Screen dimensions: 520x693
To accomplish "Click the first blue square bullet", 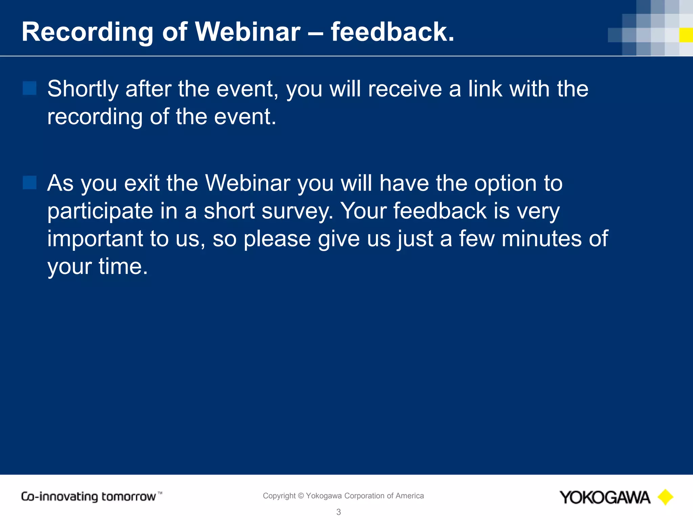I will (29, 88).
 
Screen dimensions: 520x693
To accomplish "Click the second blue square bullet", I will (29, 182).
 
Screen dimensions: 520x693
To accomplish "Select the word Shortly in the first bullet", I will (83, 89).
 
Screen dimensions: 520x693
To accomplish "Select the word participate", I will (100, 212).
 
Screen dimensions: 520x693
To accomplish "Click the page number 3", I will (338, 512).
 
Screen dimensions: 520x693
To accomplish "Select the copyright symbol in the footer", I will (300, 496).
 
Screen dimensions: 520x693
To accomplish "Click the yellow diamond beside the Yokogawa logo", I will (665, 497).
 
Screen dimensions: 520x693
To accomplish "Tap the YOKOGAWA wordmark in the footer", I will (605, 497).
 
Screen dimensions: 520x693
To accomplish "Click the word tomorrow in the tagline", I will (129, 497).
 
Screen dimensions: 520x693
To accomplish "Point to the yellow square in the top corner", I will (686, 35).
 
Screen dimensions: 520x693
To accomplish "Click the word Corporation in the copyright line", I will (364, 496).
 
